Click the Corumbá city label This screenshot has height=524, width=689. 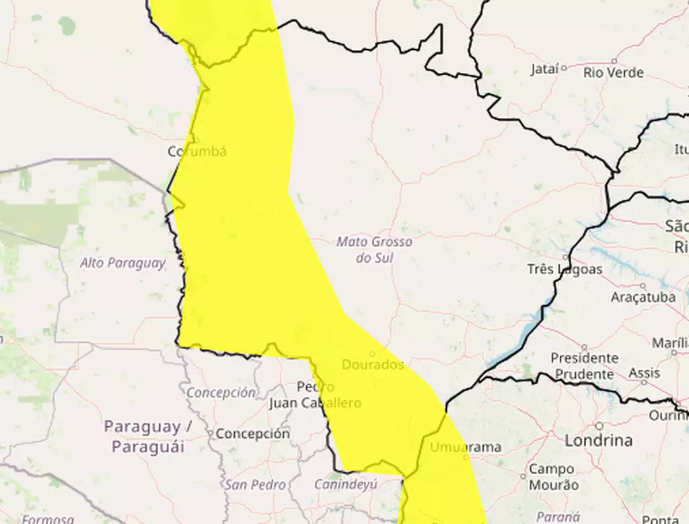(197, 152)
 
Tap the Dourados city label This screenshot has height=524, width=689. (373, 365)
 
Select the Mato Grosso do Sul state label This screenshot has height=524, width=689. (375, 249)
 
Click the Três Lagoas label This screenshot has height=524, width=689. (565, 269)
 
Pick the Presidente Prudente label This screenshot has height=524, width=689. (584, 366)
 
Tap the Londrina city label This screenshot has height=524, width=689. (598, 440)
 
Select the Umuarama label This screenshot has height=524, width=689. (466, 447)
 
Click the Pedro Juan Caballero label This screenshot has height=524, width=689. (315, 395)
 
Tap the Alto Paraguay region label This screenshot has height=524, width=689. (122, 263)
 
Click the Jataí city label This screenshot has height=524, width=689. (544, 69)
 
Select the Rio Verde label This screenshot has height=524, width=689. (614, 73)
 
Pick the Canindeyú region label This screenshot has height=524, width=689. (346, 484)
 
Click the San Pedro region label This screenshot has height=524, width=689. (255, 484)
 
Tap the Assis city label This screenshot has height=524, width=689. (644, 373)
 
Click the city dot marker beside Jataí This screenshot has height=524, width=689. (564, 67)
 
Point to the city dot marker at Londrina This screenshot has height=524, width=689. (598, 426)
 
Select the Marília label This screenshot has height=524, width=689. (670, 343)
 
